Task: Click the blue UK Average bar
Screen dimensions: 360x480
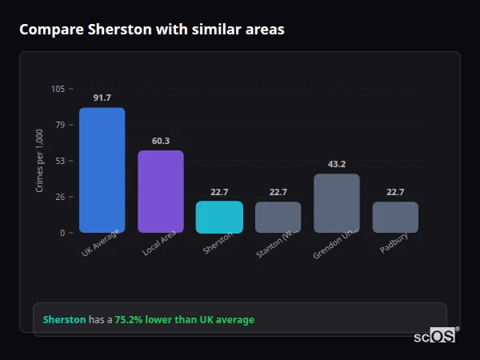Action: pos(102,170)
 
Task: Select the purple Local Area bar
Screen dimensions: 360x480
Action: pos(160,191)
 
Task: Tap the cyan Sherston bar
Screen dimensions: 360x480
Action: pos(219,217)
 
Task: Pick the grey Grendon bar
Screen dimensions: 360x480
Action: pos(336,203)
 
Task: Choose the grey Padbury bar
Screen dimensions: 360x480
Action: pos(395,217)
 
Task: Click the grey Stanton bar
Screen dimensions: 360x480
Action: pos(278,217)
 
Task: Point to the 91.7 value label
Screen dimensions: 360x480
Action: pos(102,98)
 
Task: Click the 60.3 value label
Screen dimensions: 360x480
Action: pos(160,141)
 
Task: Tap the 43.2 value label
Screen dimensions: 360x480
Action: pos(337,164)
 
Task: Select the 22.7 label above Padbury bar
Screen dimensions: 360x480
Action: pos(395,192)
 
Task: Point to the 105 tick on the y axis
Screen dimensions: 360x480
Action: pos(58,89)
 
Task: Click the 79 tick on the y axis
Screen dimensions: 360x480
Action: pos(60,125)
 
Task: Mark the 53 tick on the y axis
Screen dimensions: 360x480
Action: pos(60,161)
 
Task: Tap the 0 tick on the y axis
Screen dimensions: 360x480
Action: pos(62,233)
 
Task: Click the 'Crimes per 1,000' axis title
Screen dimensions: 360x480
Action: pos(40,161)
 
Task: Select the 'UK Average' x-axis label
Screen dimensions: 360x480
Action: pos(101,244)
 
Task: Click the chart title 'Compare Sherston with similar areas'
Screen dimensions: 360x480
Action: pos(151,30)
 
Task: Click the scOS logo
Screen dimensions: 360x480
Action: pos(434,336)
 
